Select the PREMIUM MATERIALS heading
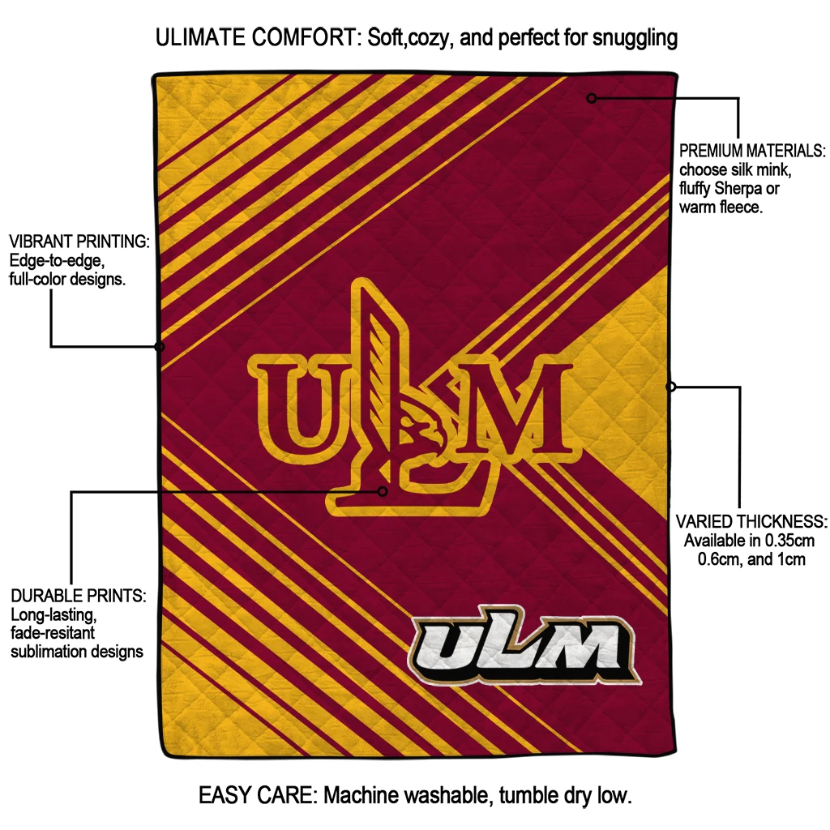751,152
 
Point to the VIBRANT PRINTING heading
79,242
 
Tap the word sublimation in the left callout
48,651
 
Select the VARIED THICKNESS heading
751,521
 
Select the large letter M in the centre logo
511,408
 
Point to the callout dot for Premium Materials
592,98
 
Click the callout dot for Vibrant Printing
159,346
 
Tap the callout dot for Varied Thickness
671,387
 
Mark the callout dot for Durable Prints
383,490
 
